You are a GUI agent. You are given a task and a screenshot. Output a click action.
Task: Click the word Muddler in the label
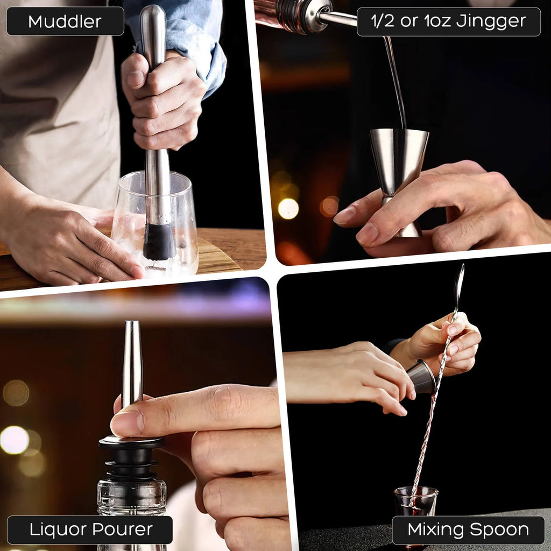click(65, 22)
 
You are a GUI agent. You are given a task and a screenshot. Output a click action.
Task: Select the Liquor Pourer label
click(90, 529)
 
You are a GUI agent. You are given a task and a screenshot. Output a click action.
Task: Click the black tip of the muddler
click(159, 242)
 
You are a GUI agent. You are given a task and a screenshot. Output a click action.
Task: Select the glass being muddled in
click(156, 226)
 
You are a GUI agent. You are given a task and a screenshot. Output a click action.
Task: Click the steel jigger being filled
click(399, 156)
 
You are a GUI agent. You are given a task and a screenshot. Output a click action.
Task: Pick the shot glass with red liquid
click(415, 503)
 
